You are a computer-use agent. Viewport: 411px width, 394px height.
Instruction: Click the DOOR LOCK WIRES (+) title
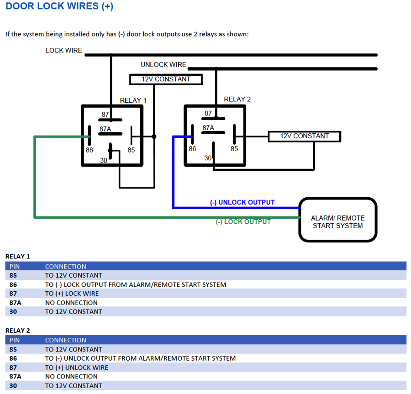59,6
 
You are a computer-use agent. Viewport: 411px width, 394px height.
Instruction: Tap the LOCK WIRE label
64,51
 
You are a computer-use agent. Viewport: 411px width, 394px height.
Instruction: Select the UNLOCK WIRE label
163,65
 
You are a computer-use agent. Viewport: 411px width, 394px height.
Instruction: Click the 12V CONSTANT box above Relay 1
166,79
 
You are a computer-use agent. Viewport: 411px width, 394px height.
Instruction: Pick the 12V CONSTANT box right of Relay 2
305,136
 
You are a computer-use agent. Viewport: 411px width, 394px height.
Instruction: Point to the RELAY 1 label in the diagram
133,100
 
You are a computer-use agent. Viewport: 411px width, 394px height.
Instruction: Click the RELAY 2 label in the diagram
237,100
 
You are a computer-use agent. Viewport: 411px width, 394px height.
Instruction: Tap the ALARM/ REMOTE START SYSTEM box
337,222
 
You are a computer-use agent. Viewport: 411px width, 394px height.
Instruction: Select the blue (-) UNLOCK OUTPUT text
242,202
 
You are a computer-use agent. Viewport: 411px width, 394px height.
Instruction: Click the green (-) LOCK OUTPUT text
243,222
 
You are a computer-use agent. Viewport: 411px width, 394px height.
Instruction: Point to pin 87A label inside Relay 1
105,129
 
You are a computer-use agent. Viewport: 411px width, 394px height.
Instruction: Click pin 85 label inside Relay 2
234,149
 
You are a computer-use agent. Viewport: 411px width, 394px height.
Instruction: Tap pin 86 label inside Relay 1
90,150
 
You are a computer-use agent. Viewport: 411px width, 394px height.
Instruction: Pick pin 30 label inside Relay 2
208,158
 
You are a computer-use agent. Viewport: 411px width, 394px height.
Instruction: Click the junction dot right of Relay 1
154,137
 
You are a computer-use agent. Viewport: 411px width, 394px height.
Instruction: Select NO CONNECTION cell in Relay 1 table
71,303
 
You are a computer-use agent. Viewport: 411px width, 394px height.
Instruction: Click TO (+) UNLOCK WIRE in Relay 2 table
77,368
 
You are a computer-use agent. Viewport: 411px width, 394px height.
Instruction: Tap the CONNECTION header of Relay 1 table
66,267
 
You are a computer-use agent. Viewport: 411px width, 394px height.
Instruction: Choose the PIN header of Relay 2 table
15,340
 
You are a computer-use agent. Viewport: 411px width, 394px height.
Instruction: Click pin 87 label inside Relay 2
208,113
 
